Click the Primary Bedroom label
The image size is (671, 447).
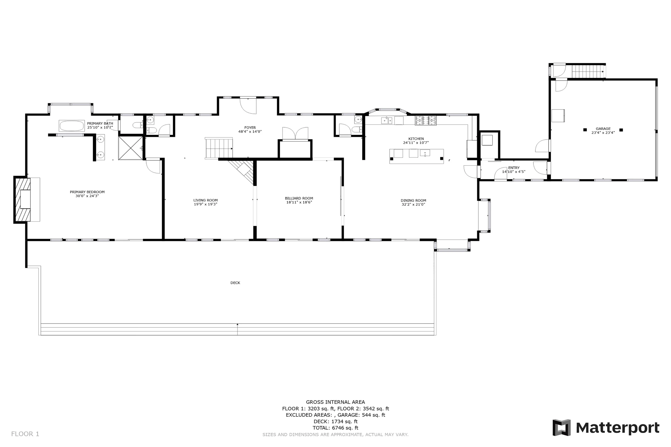pos(87,192)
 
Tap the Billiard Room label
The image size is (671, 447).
pos(299,198)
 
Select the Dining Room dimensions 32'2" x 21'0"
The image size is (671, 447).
pos(413,205)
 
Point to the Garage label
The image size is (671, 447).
pos(603,129)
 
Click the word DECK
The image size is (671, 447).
pos(235,283)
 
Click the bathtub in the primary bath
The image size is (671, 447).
pos(71,126)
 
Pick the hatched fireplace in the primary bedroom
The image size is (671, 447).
pos(22,199)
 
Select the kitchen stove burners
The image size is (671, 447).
pos(425,121)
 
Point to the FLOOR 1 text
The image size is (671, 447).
pos(25,434)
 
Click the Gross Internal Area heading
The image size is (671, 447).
pos(335,402)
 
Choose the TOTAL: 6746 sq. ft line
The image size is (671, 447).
pos(335,427)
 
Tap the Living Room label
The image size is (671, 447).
pos(205,200)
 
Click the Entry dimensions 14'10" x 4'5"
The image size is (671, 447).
pos(514,172)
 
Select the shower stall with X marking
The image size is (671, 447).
pos(130,148)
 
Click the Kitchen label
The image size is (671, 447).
pos(416,139)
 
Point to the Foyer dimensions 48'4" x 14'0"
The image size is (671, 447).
pos(250,131)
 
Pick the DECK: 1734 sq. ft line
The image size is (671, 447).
pos(335,421)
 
